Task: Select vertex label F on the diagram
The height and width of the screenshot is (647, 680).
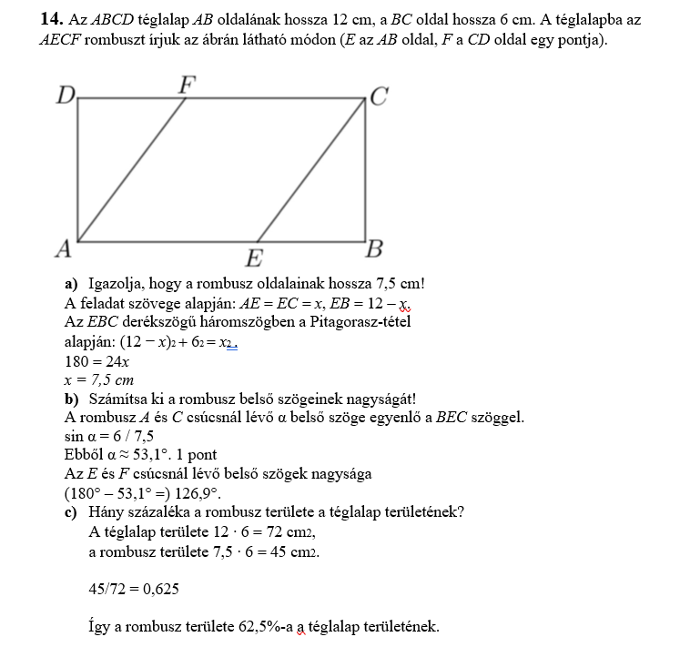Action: pyautogui.click(x=187, y=84)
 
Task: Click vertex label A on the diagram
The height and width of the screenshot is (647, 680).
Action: pyautogui.click(x=63, y=248)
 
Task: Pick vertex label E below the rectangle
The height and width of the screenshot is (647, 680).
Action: pyautogui.click(x=257, y=258)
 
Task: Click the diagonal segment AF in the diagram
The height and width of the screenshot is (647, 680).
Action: pyautogui.click(x=132, y=169)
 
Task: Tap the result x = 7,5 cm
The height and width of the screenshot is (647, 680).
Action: pyautogui.click(x=100, y=379)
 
